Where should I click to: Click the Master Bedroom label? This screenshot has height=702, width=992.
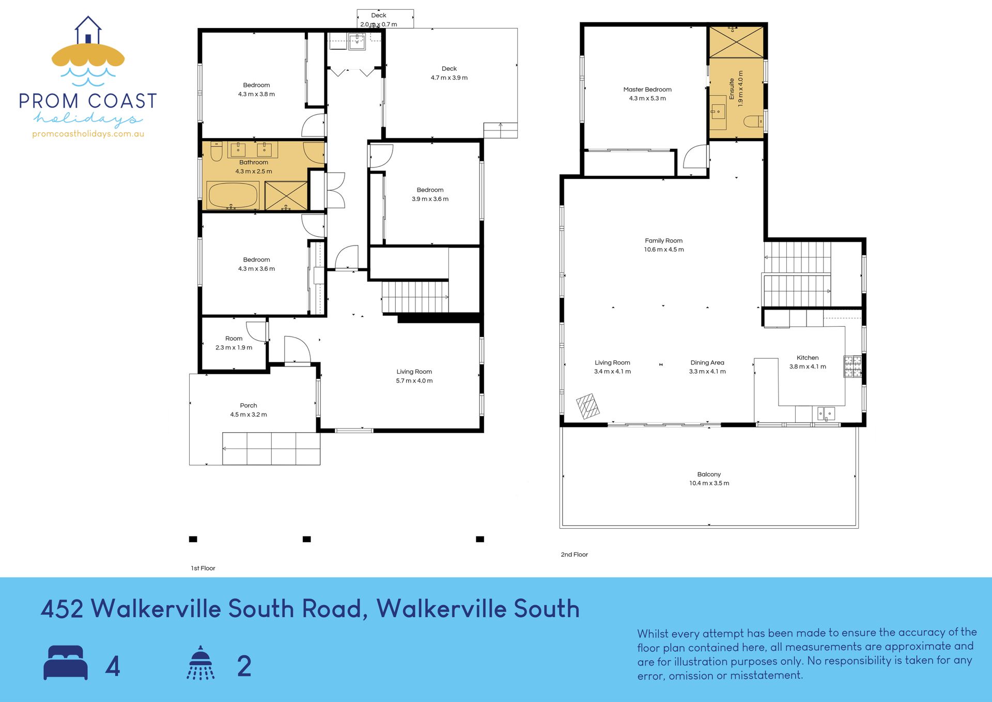coord(647,89)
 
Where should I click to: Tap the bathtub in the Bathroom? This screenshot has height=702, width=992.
coord(233,195)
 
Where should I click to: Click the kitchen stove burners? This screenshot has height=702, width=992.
coord(853,366)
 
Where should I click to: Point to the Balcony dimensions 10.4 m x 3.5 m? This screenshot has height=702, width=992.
coord(709,483)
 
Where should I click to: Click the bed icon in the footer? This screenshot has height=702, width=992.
coord(66,663)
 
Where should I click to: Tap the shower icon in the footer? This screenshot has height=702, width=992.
coord(200,663)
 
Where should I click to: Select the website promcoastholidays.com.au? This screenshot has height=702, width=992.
coord(88,134)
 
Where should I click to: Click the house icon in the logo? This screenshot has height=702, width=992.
coord(88,30)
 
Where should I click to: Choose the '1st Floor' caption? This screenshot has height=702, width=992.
coord(203,568)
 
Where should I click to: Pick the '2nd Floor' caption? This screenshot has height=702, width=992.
coord(575,555)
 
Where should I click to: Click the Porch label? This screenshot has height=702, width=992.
coord(249,406)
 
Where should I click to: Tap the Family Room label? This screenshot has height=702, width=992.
coord(664,241)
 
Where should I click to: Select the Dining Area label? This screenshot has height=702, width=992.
coord(707,363)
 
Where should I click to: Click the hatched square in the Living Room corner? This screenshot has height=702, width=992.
coord(588,406)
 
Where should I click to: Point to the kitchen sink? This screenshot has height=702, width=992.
coord(826,414)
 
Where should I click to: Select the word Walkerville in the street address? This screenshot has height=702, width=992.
coord(157,609)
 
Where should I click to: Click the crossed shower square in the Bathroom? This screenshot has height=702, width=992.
coord(286,195)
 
